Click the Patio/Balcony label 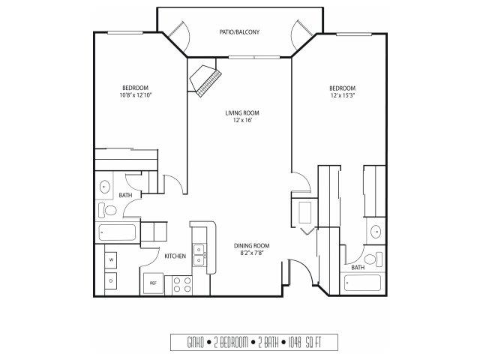click(x=239, y=31)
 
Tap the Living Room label click(x=242, y=113)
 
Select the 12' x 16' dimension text click(x=242, y=120)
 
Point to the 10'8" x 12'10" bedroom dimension click(x=136, y=95)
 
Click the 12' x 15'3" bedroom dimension click(x=343, y=95)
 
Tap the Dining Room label click(x=252, y=245)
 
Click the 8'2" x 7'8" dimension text click(x=252, y=253)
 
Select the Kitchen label click(x=175, y=256)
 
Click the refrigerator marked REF click(x=153, y=283)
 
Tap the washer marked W click(x=111, y=260)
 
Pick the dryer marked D click(x=111, y=280)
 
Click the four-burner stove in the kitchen click(x=181, y=285)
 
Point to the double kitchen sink click(x=199, y=255)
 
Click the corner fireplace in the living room click(x=205, y=81)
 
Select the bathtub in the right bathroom click(x=363, y=283)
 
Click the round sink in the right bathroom click(x=376, y=232)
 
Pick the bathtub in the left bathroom click(x=117, y=232)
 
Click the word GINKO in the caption click(x=195, y=343)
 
